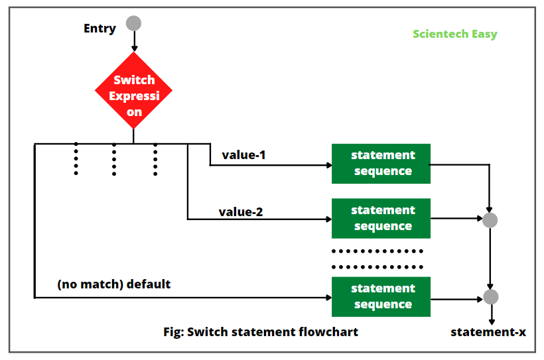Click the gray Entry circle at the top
coord(134,23)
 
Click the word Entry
coord(100,29)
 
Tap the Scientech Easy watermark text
coord(454,34)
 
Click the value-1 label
coord(244,154)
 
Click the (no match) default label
coord(114,284)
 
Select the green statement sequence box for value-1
coord(381,163)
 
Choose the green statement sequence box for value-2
coord(381,218)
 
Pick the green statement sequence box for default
coord(381,296)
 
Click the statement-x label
coord(488,331)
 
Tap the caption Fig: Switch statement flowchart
coord(261,331)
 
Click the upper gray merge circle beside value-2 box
coord(490,220)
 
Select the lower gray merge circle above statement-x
coord(490,297)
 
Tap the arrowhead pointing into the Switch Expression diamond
coord(134,48)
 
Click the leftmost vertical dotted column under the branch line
coord(76,159)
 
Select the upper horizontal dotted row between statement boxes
coord(377,251)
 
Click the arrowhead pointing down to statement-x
coord(491,320)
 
